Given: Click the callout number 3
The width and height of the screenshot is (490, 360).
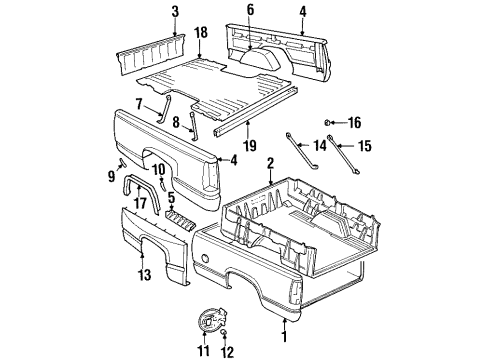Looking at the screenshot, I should (147, 12).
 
